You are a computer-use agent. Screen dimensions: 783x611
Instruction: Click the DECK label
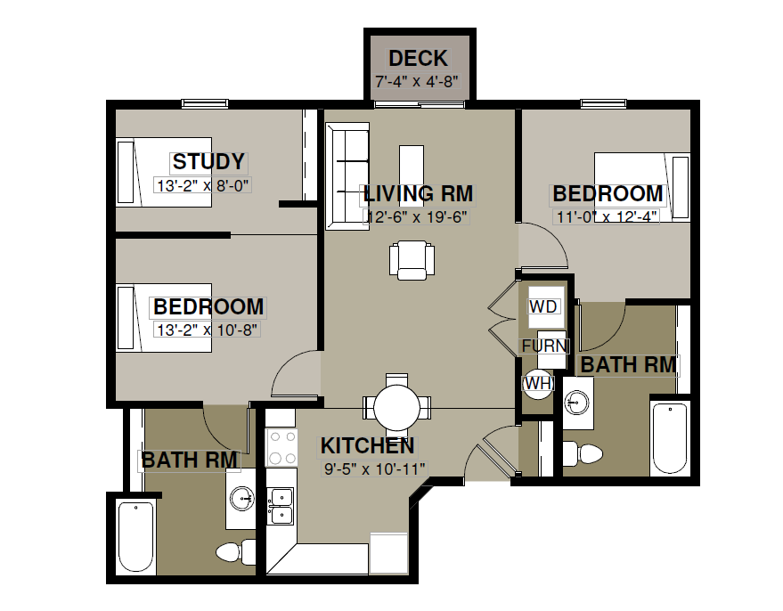(x=418, y=59)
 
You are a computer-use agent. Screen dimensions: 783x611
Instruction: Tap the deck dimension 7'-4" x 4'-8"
(x=417, y=81)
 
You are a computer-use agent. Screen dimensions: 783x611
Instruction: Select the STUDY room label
(x=208, y=162)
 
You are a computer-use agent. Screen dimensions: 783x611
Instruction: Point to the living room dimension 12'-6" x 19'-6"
(x=417, y=217)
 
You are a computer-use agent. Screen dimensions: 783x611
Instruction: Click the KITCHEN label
(x=368, y=445)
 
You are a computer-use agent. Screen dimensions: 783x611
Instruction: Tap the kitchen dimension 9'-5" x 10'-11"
(x=374, y=468)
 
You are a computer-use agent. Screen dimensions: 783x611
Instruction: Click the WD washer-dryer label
(x=542, y=306)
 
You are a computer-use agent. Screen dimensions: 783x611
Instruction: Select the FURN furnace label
(x=544, y=346)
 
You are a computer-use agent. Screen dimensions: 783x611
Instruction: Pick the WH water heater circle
(x=538, y=383)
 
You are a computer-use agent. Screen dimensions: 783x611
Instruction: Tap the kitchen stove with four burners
(x=281, y=447)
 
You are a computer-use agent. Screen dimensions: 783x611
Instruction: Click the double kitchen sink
(x=281, y=507)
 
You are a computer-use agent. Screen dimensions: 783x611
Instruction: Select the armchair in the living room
(x=412, y=260)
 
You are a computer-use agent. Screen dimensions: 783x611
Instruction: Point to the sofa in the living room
(x=347, y=176)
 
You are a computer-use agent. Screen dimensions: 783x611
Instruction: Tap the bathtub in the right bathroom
(x=670, y=439)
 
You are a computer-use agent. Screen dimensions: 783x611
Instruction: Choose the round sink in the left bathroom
(x=241, y=497)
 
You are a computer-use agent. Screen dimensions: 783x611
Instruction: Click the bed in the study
(x=164, y=172)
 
